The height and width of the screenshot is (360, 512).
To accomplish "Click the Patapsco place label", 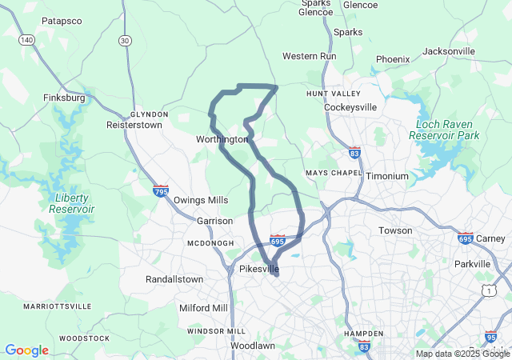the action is (62, 21).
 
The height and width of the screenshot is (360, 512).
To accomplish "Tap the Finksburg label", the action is (64, 98).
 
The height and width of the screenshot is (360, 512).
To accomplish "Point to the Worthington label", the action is (222, 139).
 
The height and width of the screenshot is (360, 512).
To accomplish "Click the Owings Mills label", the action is (201, 200).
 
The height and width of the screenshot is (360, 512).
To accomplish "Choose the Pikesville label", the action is (259, 269).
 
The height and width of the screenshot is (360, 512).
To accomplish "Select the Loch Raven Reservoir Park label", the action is (444, 130).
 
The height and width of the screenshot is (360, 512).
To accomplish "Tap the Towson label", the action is (395, 230).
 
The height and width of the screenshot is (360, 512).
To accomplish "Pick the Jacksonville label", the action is (448, 51).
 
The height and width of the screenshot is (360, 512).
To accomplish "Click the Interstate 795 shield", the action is (161, 191).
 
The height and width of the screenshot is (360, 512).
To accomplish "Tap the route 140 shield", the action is (26, 39).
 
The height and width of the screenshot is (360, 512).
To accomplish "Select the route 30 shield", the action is (124, 40).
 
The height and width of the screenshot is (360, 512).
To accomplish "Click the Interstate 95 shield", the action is (490, 337).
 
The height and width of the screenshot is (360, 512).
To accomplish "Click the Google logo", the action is (26, 350).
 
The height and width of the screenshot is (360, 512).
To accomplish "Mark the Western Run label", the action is (310, 57).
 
